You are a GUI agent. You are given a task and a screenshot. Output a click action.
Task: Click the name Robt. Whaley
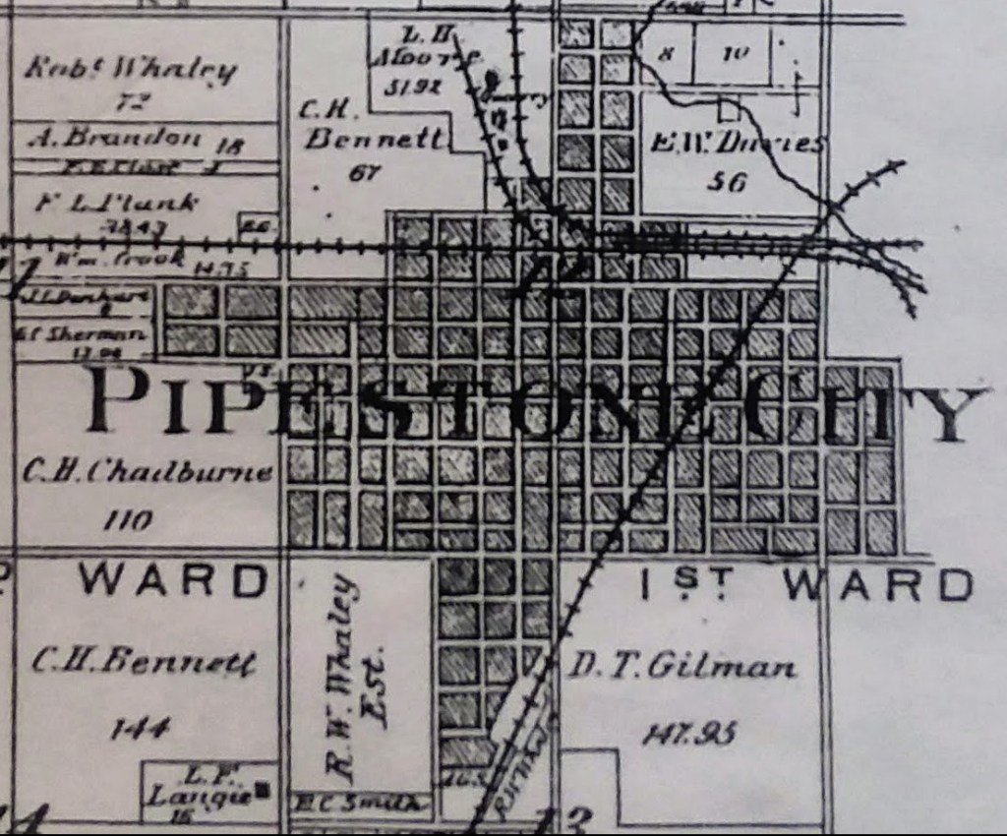click(131, 70)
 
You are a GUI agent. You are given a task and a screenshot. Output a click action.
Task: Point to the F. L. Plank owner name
click(116, 204)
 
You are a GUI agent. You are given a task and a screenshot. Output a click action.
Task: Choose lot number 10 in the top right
click(734, 55)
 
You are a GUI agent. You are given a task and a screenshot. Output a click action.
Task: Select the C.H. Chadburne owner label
click(147, 472)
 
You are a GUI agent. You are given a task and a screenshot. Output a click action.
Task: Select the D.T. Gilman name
click(682, 668)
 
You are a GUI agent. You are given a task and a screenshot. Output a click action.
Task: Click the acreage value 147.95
click(689, 733)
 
